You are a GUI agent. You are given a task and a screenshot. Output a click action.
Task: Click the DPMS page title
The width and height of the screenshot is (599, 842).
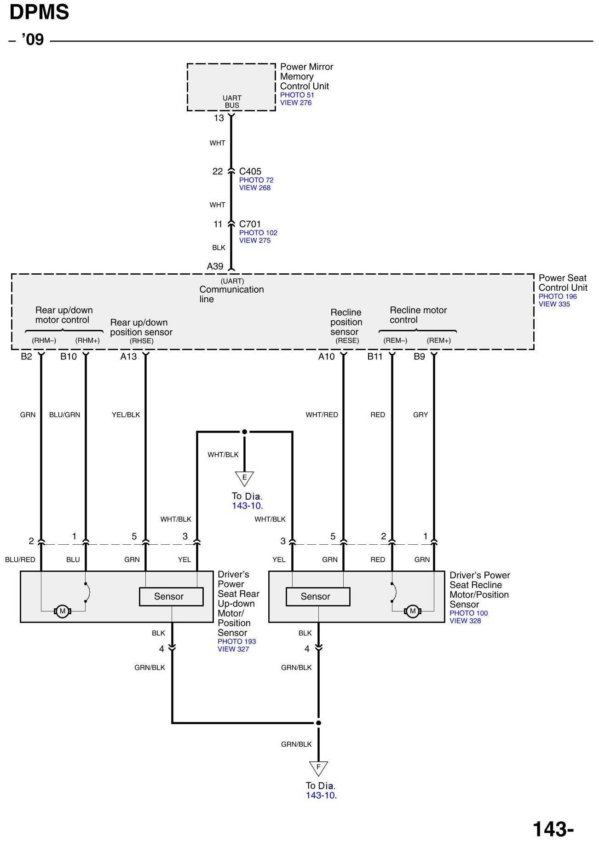pos(39,12)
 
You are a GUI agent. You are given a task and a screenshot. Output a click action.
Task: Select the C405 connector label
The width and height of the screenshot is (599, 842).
pos(250,171)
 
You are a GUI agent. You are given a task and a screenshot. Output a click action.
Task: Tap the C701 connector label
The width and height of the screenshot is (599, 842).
pos(250,224)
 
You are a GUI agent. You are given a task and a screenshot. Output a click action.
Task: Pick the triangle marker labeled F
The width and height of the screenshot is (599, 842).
pos(318,767)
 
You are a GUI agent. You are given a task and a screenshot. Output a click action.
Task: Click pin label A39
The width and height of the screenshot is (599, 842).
pos(215,266)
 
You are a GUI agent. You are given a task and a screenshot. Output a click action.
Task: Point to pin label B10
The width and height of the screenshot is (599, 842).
pos(69,357)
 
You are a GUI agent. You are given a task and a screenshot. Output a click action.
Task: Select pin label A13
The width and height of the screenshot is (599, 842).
pos(128,357)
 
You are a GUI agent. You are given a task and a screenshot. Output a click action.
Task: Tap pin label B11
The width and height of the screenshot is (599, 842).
pos(375,357)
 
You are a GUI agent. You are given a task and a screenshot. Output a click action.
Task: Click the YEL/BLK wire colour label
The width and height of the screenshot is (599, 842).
pos(126,415)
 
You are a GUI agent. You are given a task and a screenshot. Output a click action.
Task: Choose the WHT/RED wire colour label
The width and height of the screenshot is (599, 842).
pos(322,415)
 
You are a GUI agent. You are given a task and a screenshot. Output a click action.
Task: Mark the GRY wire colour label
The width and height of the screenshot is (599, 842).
pos(420,415)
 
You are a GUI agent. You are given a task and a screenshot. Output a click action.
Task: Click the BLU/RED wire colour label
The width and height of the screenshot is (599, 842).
pos(20,559)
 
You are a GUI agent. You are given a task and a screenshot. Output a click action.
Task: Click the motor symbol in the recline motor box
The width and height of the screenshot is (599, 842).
pos(412,611)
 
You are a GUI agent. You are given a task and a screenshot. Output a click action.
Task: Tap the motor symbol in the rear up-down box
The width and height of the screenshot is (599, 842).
pos(63,611)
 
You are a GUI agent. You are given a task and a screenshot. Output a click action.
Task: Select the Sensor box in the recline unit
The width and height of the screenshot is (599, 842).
pos(317,596)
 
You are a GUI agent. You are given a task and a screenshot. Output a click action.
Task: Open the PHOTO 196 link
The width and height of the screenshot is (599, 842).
pos(558,296)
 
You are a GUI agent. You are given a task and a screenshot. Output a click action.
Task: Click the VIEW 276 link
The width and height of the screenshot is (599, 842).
pos(296,103)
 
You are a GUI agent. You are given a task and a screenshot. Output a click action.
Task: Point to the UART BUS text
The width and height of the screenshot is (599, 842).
pos(232,101)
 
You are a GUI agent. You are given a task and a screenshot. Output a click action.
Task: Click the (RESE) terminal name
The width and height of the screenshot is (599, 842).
pos(347,340)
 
